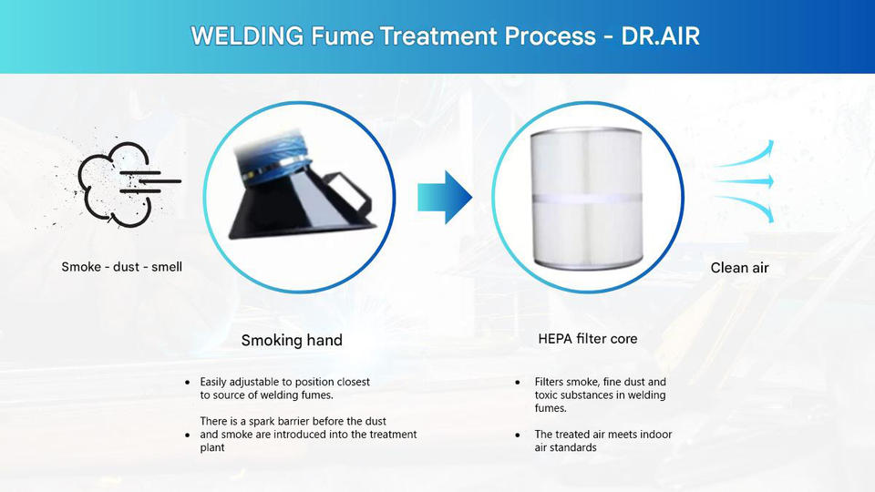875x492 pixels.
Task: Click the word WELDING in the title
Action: [247, 37]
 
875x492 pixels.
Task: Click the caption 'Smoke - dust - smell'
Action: [122, 267]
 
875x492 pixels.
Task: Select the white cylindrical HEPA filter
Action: [588, 196]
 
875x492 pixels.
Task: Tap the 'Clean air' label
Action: [739, 268]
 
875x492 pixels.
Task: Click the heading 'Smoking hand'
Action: [292, 341]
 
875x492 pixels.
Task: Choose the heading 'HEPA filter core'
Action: [588, 339]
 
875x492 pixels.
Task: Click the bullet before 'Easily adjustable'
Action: [188, 382]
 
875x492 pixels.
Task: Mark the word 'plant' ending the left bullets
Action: [212, 447]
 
